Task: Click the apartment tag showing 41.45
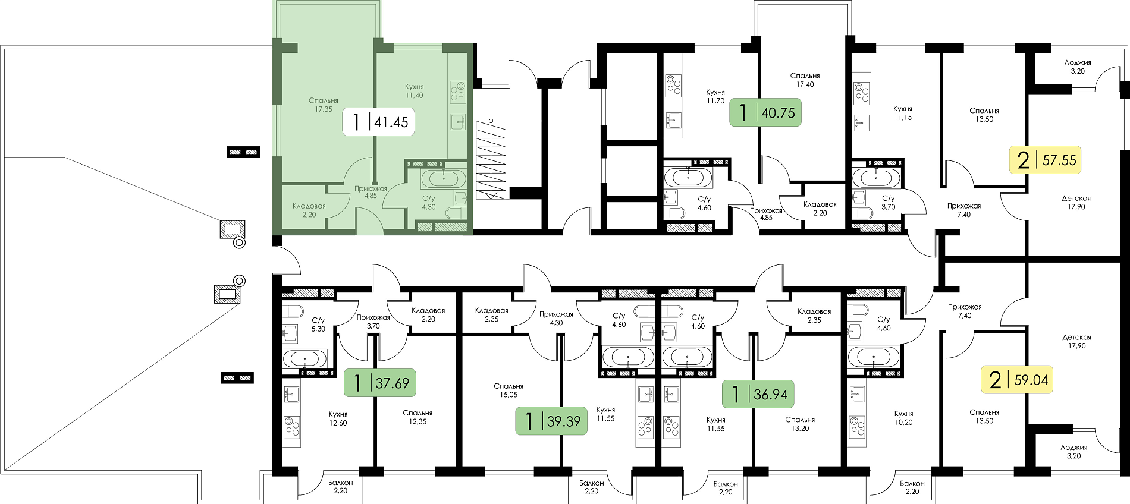(x=378, y=122)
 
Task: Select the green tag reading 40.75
(x=765, y=112)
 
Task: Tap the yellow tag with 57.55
(x=1045, y=160)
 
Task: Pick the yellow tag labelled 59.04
(x=1016, y=379)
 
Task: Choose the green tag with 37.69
(x=380, y=383)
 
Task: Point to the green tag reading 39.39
(x=551, y=421)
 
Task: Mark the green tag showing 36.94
(x=758, y=393)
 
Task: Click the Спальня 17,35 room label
(x=324, y=105)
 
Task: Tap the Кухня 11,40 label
(x=414, y=91)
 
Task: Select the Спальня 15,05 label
(x=508, y=390)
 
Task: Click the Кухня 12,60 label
(x=338, y=418)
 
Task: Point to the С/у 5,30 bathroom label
(x=318, y=325)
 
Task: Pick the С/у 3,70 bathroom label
(x=888, y=203)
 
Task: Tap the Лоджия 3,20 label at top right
(x=1078, y=67)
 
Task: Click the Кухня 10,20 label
(x=903, y=418)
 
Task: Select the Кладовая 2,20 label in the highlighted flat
(x=309, y=210)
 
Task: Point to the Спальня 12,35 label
(x=418, y=417)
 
